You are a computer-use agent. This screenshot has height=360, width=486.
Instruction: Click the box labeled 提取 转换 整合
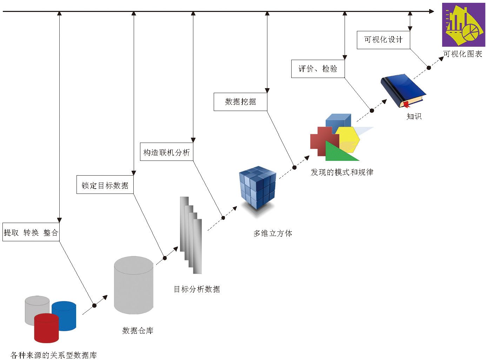tap(31, 232)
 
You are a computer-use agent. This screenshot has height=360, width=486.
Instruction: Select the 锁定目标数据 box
tap(105, 185)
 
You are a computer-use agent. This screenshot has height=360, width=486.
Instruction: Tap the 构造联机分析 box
tap(167, 152)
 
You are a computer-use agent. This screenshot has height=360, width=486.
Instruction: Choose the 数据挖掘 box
tap(240, 102)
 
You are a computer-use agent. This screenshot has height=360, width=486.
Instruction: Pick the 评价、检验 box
tap(318, 69)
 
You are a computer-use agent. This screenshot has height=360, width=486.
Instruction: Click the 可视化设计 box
tap(383, 40)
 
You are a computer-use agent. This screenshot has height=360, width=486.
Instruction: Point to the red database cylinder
tap(46, 328)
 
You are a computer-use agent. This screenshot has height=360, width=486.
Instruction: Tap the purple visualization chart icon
tap(463, 25)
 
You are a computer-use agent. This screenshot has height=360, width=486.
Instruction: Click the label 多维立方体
tap(273, 233)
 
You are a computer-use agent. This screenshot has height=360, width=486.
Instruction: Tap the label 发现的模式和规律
tap(342, 172)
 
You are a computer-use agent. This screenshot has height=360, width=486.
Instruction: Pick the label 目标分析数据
tap(197, 289)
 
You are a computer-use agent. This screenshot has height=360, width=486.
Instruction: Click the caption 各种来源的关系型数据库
tap(53, 355)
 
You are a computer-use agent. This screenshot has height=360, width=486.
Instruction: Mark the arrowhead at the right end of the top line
tap(432, 12)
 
